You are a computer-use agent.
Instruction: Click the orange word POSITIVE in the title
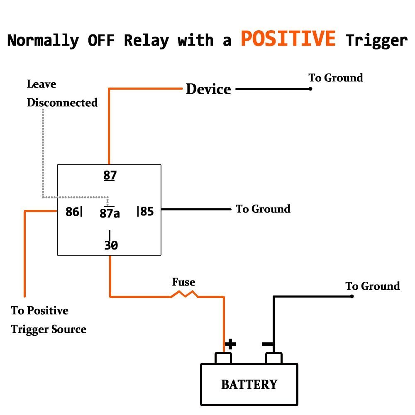[x=288, y=39]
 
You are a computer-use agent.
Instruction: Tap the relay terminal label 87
[x=110, y=176]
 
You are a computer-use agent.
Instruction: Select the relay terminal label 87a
[x=110, y=213]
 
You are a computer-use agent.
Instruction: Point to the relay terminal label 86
[x=72, y=212]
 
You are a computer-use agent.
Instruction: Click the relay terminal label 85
[x=146, y=212]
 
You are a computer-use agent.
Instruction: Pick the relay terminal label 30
[x=111, y=245]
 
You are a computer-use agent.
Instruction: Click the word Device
[x=208, y=89]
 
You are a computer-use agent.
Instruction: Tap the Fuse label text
[x=183, y=283]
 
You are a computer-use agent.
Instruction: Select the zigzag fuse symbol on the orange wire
[x=184, y=294]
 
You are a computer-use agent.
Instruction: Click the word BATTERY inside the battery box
[x=249, y=384]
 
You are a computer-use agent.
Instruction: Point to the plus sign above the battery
[x=230, y=344]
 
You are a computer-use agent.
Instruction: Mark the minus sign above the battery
[x=268, y=344]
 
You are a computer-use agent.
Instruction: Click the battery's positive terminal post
[x=223, y=358]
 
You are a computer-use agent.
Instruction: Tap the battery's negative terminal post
[x=274, y=358]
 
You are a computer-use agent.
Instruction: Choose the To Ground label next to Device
[x=335, y=78]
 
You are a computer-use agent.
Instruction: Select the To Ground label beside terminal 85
[x=263, y=209]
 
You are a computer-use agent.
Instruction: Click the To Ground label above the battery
[x=373, y=286]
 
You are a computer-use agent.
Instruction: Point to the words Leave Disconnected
[x=62, y=93]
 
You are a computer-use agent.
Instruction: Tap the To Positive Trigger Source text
[x=49, y=320]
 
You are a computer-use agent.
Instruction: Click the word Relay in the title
[x=146, y=41]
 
